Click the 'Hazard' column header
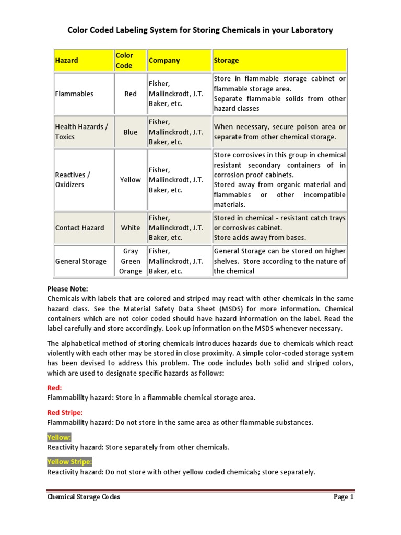coord(67,61)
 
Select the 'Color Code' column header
coord(124,61)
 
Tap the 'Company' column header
coord(164,61)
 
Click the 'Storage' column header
coord(226,61)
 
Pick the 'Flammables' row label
coord(74,94)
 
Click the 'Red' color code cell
coord(131,94)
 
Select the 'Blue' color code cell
coord(131,132)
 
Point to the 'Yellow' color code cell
coord(131,180)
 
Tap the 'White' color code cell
coord(131,228)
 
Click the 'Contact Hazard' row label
coord(79,228)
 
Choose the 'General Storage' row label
coord(80,261)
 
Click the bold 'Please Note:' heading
coord(68,289)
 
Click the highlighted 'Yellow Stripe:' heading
coord(69,462)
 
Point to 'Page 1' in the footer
coord(344,497)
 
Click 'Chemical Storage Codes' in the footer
coord(84,497)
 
